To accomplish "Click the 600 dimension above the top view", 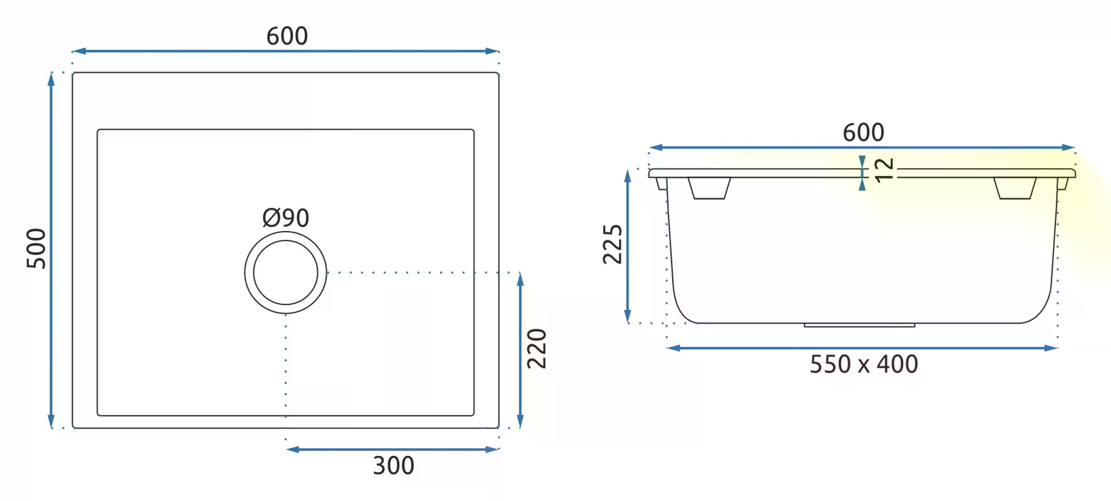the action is click(x=287, y=36).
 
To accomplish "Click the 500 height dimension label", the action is click(x=36, y=249).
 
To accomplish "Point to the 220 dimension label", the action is click(x=537, y=349).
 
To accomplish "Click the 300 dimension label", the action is click(x=393, y=465).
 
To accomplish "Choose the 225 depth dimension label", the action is click(x=612, y=244).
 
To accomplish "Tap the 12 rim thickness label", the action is click(x=884, y=170).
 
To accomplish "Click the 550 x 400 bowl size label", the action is click(x=864, y=364).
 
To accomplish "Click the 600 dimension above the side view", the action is click(x=863, y=132).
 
